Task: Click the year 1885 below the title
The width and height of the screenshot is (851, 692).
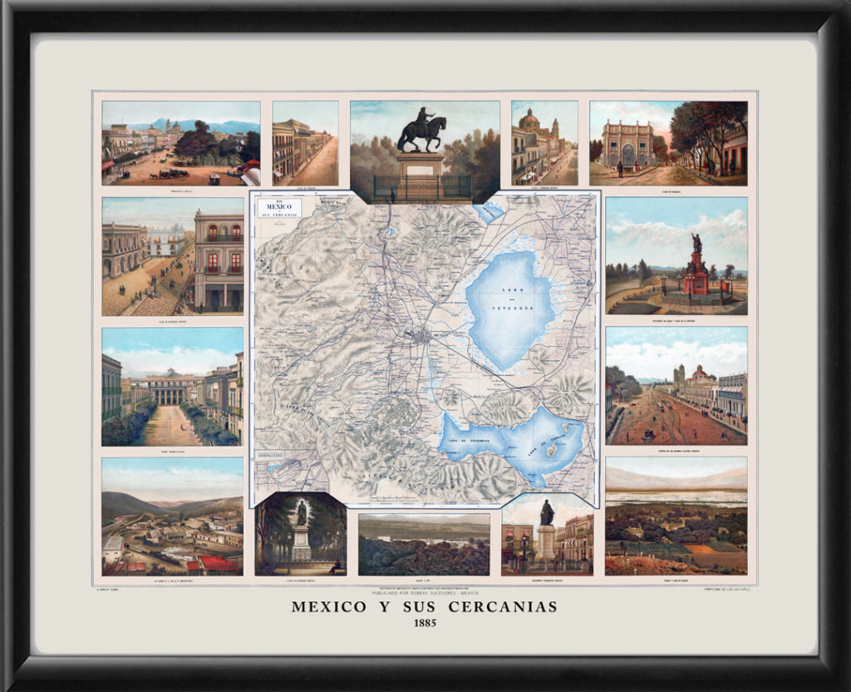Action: click(x=425, y=623)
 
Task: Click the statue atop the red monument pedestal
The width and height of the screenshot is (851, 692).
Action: click(x=696, y=243)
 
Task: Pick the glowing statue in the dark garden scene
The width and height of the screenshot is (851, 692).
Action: click(x=301, y=512)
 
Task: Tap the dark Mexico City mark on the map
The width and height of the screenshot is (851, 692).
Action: click(x=422, y=336)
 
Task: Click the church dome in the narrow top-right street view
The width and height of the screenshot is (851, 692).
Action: click(x=529, y=120)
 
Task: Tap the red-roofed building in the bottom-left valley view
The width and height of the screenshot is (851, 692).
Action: click(x=218, y=564)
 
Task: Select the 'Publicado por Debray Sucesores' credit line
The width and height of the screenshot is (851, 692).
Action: click(x=425, y=591)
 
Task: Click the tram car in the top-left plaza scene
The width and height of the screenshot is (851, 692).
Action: click(x=214, y=178)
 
